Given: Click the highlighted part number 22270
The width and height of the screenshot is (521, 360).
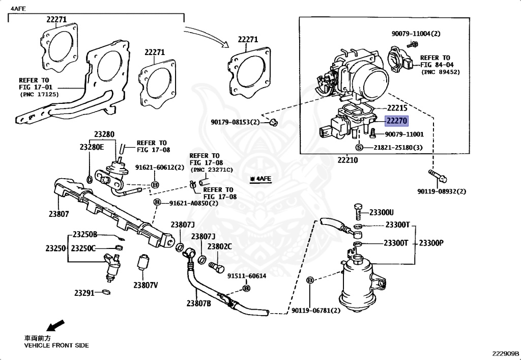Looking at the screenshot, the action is click(396, 121).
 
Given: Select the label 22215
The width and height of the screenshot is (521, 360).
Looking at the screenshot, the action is click(396, 108).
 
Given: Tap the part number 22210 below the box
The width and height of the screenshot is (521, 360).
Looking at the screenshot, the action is click(348, 160).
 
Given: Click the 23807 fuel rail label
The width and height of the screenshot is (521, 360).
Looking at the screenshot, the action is click(59, 214).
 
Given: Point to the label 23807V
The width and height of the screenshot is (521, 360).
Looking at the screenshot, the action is click(146, 285).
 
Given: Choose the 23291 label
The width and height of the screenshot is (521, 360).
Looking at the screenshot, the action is click(84, 293).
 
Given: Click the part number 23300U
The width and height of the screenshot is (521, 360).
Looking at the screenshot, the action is click(382, 212).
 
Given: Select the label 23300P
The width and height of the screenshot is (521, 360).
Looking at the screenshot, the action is click(431, 243).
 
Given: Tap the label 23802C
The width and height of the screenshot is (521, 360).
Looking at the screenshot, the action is click(220, 246).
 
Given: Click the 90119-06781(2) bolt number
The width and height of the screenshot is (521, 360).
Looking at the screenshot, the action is click(316, 311).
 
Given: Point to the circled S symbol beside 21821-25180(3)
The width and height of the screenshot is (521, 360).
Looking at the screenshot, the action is click(359, 147).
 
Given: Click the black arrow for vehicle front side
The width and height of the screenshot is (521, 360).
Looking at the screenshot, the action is click(55, 325).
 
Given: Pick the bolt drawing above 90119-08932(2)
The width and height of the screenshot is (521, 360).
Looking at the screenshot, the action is click(438, 176).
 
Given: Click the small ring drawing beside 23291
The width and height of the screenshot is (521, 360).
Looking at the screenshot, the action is click(106, 292).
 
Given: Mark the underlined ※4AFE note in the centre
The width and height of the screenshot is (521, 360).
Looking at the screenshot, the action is click(261, 179).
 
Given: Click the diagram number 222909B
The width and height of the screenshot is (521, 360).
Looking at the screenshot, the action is click(505, 352).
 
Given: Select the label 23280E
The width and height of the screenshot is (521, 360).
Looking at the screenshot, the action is click(92, 147).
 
